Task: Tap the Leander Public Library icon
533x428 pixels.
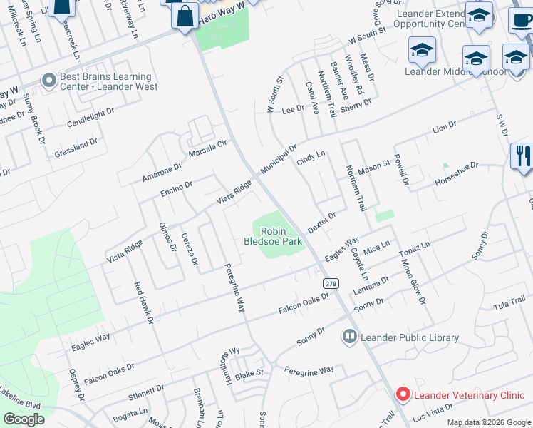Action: pos(350,336)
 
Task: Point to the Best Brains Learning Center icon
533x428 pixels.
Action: pos(49,81)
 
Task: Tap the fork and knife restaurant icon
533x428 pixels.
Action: pos(523,156)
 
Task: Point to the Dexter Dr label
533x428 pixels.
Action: pos(321,221)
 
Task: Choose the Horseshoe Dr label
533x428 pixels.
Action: pos(467,174)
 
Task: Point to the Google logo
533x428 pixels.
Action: pos(24,419)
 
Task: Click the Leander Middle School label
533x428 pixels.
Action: pos(456,71)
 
